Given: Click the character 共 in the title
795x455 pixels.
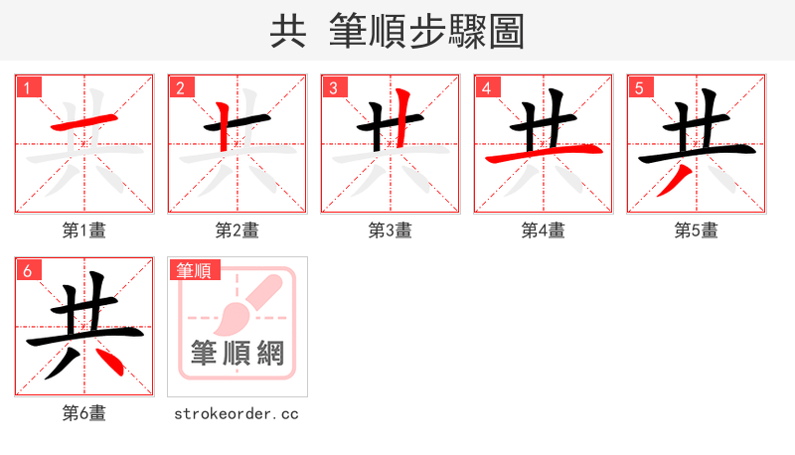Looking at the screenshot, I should coord(288,32).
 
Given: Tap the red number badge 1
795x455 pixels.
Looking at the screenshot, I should coord(27,88).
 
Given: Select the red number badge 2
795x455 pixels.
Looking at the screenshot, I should coord(180,88).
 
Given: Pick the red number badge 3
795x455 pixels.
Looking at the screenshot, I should coord(333,88).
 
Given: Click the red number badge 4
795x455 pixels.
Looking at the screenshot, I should coord(486,88).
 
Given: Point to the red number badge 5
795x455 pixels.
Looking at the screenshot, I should coord(639,88).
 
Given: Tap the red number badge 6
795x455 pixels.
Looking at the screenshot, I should coord(27,270).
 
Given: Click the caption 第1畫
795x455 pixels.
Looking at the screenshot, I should coord(83,230).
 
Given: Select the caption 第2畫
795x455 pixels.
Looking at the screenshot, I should coord(237,230).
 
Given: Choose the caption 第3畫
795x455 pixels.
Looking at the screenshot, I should coord(390,230).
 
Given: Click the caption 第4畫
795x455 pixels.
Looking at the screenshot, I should coord(543,230).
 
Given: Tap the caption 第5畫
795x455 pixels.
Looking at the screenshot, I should coord(696,230).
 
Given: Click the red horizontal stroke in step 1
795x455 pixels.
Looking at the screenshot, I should coord(85,123).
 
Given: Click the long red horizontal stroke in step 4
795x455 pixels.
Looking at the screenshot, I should coord(543,154).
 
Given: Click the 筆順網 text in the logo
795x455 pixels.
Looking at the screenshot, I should coord(237,353).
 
